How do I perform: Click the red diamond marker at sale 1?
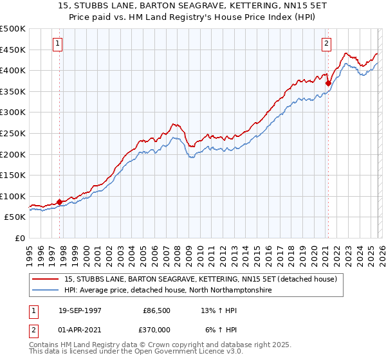(x=60, y=202)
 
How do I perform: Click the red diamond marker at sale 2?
(x=328, y=83)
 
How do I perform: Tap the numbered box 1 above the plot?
(x=58, y=44)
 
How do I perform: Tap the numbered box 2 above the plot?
(x=326, y=44)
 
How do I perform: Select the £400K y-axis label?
(x=13, y=70)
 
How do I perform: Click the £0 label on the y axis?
(x=19, y=238)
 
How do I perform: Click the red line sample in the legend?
(x=46, y=279)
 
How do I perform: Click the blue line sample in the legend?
(x=46, y=291)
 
